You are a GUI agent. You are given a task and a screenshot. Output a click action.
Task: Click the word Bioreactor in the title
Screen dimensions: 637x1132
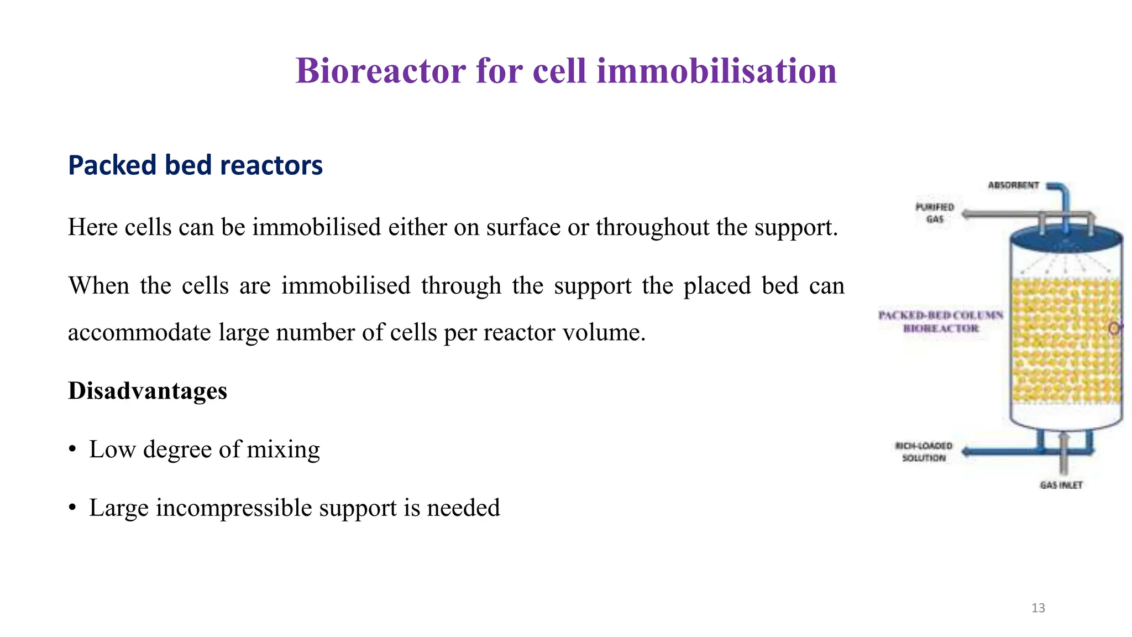click(380, 71)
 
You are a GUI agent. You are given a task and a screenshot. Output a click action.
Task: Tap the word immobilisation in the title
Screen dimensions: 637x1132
click(716, 71)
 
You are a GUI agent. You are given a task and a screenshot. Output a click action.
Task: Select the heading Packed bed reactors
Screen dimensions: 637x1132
click(195, 165)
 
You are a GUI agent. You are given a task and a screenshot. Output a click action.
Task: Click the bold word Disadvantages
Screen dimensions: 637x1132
click(148, 391)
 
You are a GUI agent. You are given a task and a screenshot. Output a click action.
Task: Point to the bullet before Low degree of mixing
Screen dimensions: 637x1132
click(72, 450)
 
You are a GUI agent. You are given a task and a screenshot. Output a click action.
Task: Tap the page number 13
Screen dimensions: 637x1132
click(1038, 608)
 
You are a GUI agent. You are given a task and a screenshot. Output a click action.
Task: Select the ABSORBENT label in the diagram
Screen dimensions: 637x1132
click(1013, 185)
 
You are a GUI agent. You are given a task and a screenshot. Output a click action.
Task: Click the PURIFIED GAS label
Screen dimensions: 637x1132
click(935, 213)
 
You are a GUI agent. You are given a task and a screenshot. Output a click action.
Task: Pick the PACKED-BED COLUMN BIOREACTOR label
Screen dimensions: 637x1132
click(941, 321)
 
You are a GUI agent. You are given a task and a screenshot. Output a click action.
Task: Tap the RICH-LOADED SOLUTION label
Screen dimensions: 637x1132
click(924, 452)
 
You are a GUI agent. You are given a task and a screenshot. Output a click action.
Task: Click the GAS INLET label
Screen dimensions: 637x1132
click(1061, 485)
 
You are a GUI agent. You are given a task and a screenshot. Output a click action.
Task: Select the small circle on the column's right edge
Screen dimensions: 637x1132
click(1114, 328)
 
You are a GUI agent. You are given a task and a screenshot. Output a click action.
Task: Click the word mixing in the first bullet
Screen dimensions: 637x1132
click(283, 450)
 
